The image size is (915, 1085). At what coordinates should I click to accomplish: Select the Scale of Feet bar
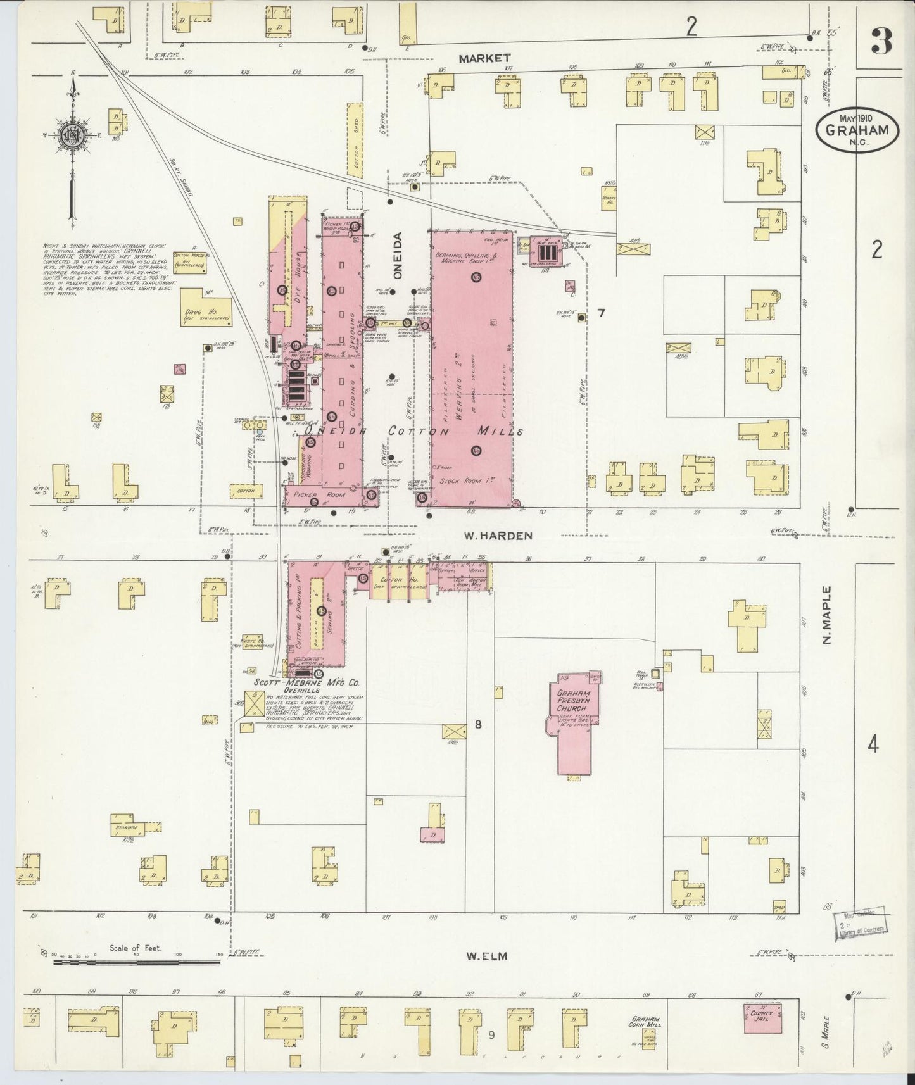click(x=136, y=962)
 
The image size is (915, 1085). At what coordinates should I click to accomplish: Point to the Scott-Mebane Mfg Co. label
click(x=306, y=684)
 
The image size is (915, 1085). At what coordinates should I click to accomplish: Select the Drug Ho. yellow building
click(x=206, y=308)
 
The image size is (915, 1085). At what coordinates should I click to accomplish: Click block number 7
click(x=601, y=313)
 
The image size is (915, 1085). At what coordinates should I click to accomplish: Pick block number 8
click(x=478, y=724)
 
